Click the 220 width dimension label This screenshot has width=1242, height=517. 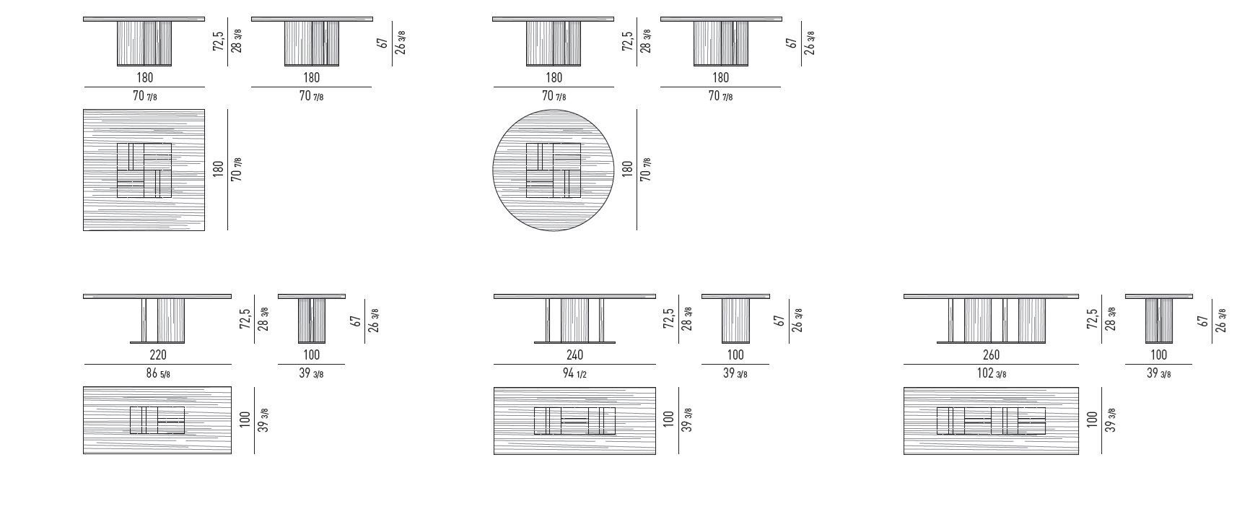point(157,355)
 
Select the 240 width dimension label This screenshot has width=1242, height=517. point(574,355)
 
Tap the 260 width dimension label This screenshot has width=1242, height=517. point(991,355)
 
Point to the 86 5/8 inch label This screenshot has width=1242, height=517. point(157,373)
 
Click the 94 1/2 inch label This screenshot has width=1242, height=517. point(574,373)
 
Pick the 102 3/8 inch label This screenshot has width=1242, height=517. point(991,373)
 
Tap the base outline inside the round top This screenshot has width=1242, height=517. point(554,170)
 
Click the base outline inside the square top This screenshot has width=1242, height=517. point(144,170)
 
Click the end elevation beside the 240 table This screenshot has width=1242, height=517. point(735,319)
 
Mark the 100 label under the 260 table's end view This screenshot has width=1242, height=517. point(1158,355)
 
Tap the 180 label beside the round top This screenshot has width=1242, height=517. point(627,169)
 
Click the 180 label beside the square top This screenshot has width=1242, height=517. point(218,169)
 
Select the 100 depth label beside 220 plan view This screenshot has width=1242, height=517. point(245,419)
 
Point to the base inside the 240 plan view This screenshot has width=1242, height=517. point(574,421)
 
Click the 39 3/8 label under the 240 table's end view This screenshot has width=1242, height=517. point(735,373)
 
